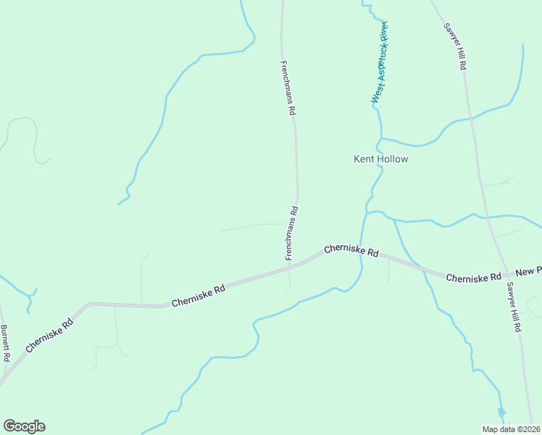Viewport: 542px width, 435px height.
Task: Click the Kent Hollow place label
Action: click(x=380, y=159)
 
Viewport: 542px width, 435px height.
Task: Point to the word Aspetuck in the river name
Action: click(x=379, y=67)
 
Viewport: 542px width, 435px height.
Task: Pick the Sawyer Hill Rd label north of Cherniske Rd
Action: click(x=455, y=46)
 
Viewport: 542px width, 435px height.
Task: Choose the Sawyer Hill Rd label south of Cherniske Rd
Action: click(x=514, y=307)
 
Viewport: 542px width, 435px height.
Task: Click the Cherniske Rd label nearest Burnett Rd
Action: click(x=49, y=335)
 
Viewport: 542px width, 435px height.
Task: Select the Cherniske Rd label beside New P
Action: click(x=474, y=278)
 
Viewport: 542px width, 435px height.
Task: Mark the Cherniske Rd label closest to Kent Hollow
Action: click(x=351, y=252)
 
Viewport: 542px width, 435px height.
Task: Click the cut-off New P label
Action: click(x=529, y=270)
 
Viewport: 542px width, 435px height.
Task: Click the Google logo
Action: click(x=24, y=426)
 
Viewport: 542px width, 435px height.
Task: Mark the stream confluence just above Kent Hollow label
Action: click(x=380, y=138)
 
